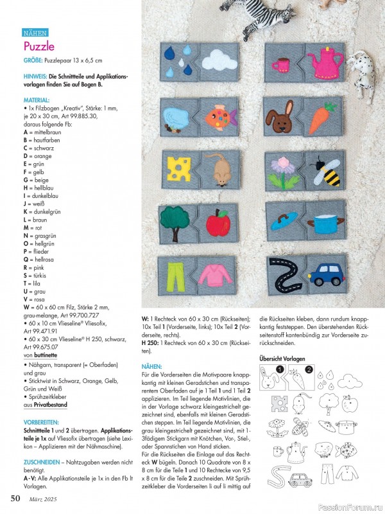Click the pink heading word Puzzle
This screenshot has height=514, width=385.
tap(39, 46)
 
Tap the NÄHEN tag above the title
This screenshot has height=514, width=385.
tap(35, 32)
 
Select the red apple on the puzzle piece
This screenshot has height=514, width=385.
tap(218, 222)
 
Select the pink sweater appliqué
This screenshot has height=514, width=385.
tap(218, 274)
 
